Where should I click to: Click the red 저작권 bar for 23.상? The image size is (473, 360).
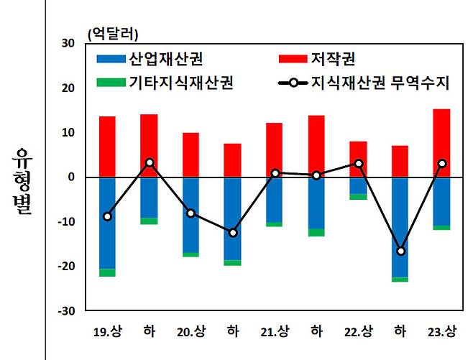click(x=441, y=143)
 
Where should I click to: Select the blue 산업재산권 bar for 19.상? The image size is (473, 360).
click(x=107, y=223)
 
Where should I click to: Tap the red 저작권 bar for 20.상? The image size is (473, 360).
click(x=190, y=154)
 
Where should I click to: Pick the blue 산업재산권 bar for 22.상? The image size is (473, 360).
click(x=358, y=185)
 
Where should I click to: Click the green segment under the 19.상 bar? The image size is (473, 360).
click(x=107, y=272)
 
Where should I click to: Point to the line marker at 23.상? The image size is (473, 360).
click(x=441, y=164)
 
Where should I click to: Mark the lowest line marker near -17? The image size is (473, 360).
click(x=400, y=251)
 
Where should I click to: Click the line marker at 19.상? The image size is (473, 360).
click(x=107, y=216)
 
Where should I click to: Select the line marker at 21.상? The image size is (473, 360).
click(x=275, y=172)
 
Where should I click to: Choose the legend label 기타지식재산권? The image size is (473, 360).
click(x=180, y=82)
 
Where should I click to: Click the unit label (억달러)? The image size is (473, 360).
click(x=112, y=33)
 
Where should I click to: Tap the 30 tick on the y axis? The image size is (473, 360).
click(x=69, y=43)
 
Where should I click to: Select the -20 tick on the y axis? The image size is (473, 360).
click(x=67, y=267)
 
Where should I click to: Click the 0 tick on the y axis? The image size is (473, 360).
click(x=72, y=177)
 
